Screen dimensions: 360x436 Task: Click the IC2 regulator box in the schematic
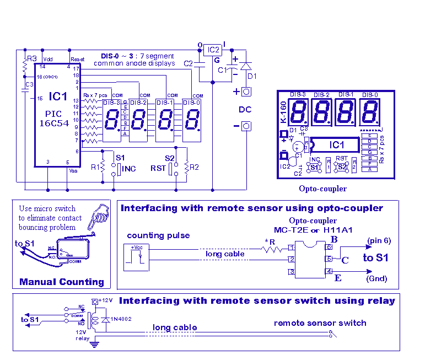pos(213,50)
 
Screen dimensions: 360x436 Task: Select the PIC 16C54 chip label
pos(53,119)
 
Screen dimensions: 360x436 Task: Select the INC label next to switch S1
pos(128,169)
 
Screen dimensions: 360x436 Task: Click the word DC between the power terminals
pos(245,109)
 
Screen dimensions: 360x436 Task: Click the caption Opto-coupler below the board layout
pos(322,189)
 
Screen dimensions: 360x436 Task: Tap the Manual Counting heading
pos(61,282)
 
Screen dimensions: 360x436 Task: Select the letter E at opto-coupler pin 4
pos(337,278)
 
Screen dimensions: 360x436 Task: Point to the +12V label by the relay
pos(107,300)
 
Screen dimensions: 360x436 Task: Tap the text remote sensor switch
pos(320,323)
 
